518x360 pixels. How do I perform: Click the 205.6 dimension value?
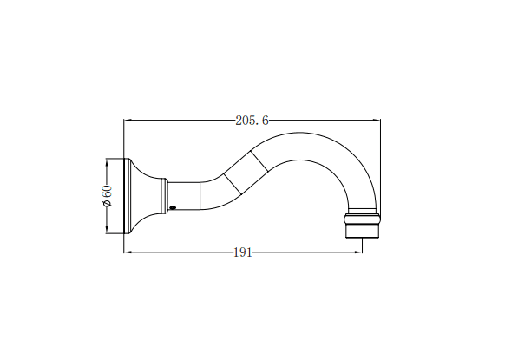[252, 121]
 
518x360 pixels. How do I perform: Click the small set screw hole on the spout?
[172, 207]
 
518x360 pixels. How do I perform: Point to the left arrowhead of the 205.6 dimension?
[129, 121]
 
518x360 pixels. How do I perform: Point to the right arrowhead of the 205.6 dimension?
[376, 121]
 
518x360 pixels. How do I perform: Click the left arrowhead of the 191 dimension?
[129, 252]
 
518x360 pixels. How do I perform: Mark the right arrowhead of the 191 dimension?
[358, 252]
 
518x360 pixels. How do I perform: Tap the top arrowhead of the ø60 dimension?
[107, 162]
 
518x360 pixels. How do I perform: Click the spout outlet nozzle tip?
[363, 231]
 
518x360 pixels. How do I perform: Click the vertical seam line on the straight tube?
[200, 195]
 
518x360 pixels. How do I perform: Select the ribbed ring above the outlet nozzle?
[363, 218]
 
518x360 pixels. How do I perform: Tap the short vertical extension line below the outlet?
[363, 245]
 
